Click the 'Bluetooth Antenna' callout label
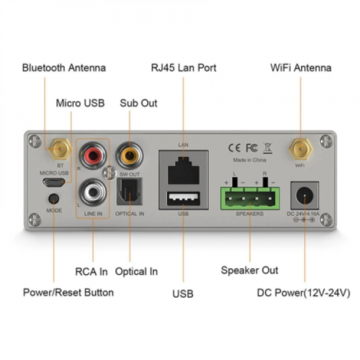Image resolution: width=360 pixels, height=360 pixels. (63, 67)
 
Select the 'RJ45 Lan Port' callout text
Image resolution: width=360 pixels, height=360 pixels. (184, 67)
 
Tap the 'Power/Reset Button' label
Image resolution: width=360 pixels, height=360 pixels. (68, 292)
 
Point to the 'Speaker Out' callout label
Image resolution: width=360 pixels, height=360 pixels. (249, 270)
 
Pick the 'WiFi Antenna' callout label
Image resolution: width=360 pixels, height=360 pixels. (300, 67)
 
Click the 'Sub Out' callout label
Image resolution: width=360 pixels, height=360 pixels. (138, 103)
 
